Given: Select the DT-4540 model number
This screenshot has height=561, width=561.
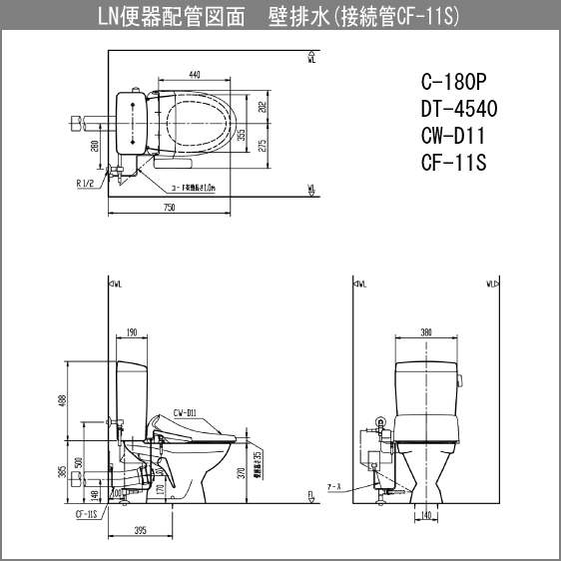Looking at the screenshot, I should [x=459, y=109].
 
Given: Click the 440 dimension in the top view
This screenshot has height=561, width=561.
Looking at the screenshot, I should [x=194, y=75].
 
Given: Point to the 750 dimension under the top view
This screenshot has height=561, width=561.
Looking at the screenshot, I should [x=169, y=208].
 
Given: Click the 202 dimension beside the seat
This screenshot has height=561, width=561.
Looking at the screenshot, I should [x=263, y=107].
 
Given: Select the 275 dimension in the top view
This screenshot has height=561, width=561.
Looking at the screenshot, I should [x=263, y=146].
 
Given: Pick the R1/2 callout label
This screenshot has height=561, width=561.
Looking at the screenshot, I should [x=87, y=184].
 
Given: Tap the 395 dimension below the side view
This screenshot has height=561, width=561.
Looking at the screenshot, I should [x=141, y=530].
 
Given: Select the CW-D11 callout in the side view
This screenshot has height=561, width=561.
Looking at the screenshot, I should [x=184, y=410].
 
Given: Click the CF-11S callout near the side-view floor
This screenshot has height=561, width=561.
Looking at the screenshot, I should [x=87, y=515].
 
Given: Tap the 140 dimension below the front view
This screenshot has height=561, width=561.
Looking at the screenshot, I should [x=425, y=516].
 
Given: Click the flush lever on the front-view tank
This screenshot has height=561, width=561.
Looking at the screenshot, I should [x=461, y=379].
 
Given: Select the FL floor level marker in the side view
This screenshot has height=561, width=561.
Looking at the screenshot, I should [x=313, y=495].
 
